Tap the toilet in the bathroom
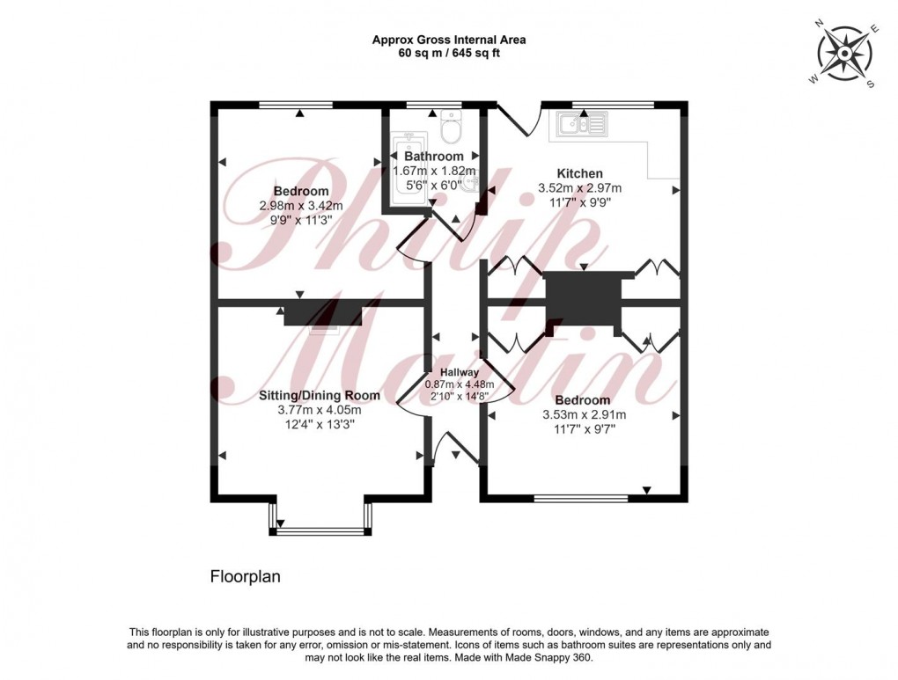click(451, 128)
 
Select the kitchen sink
click(581, 125)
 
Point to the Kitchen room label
click(579, 172)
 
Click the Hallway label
click(459, 372)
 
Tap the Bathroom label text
click(433, 157)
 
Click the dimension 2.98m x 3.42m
click(300, 206)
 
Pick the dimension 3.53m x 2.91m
click(583, 415)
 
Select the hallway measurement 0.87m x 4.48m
click(459, 384)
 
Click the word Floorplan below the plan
click(244, 577)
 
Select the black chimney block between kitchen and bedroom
click(582, 301)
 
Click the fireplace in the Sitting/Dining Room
click(323, 313)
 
